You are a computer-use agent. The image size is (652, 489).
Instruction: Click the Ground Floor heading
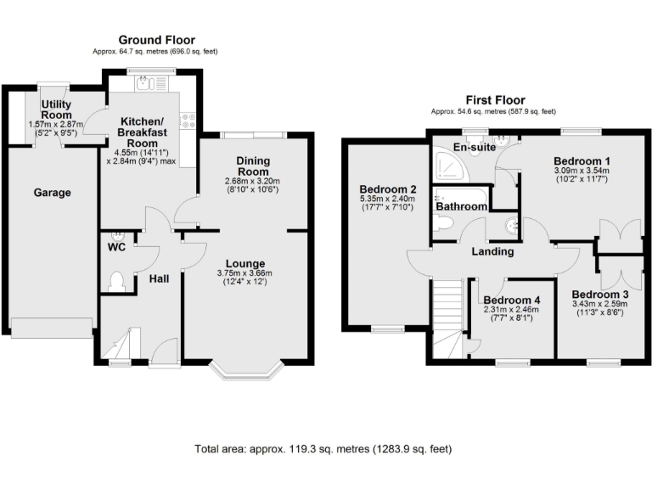point(156,40)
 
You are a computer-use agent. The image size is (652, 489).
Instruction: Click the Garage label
point(53,193)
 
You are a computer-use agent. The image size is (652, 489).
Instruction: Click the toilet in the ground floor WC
point(118,281)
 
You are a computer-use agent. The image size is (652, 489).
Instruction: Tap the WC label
point(115,248)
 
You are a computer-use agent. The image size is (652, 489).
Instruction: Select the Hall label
point(159,278)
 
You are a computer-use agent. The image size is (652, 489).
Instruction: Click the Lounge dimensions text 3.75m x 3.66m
point(244,273)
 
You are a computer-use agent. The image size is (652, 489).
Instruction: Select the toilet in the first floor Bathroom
point(442,222)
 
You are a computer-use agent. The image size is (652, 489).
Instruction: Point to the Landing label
point(492,251)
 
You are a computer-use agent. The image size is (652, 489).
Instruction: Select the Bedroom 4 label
point(512,301)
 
